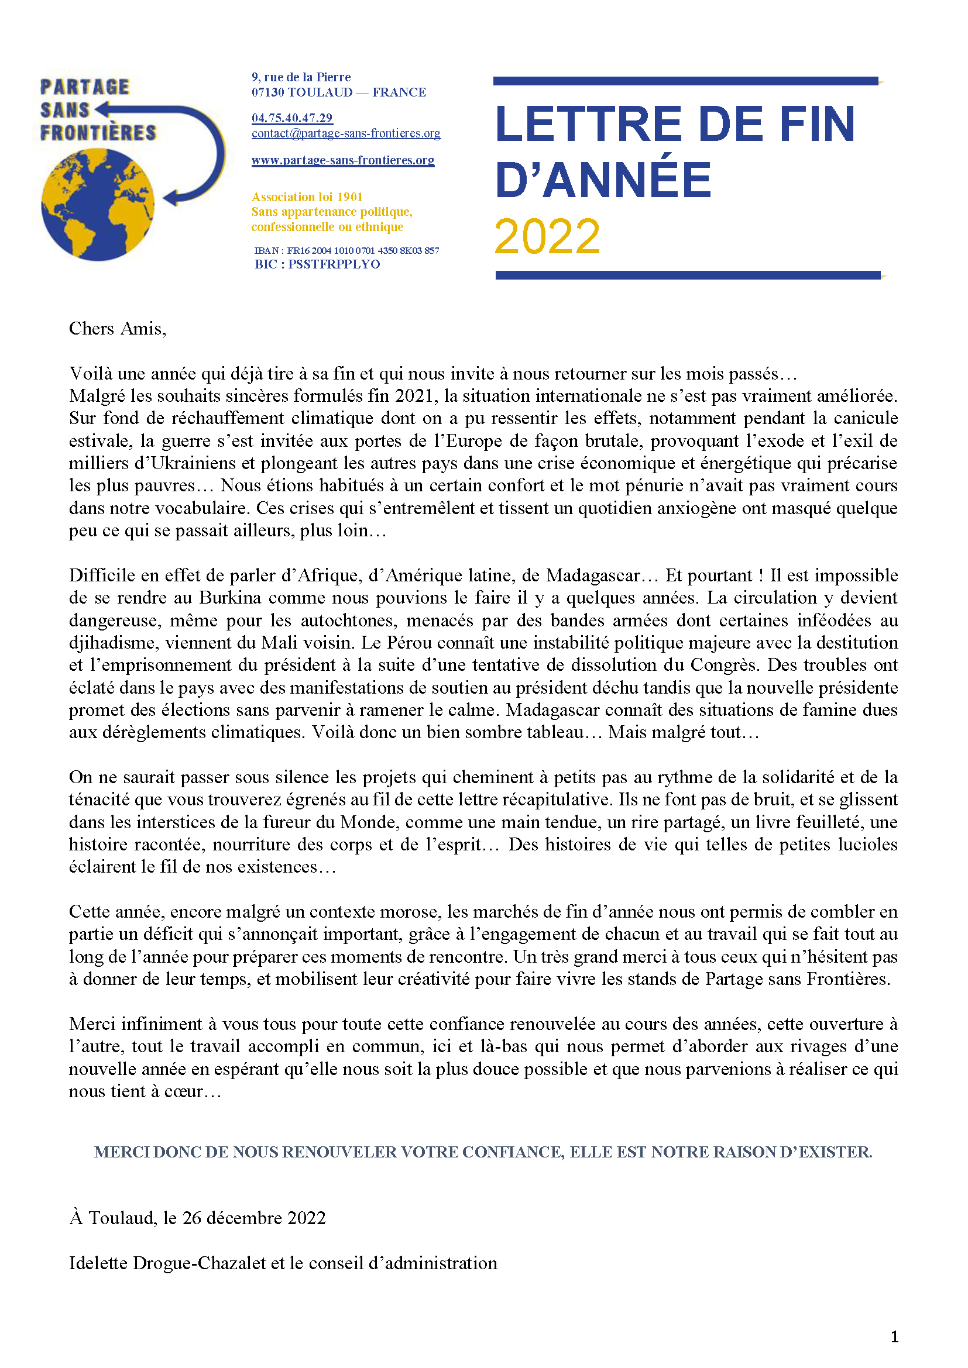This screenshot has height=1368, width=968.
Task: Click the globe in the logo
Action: (98, 204)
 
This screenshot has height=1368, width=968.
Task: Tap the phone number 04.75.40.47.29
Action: (292, 118)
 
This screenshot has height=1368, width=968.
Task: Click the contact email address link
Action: (346, 133)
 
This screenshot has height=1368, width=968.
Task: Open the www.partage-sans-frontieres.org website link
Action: (343, 160)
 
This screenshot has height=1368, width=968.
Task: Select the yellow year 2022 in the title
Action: (547, 236)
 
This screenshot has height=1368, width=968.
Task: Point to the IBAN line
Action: (346, 250)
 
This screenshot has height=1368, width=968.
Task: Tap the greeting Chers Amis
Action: (118, 328)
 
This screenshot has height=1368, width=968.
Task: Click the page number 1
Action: (894, 1337)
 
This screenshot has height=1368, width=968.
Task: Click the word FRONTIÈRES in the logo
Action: (98, 133)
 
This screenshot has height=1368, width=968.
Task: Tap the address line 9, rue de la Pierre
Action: (301, 77)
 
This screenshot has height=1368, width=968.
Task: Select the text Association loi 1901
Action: (307, 197)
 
